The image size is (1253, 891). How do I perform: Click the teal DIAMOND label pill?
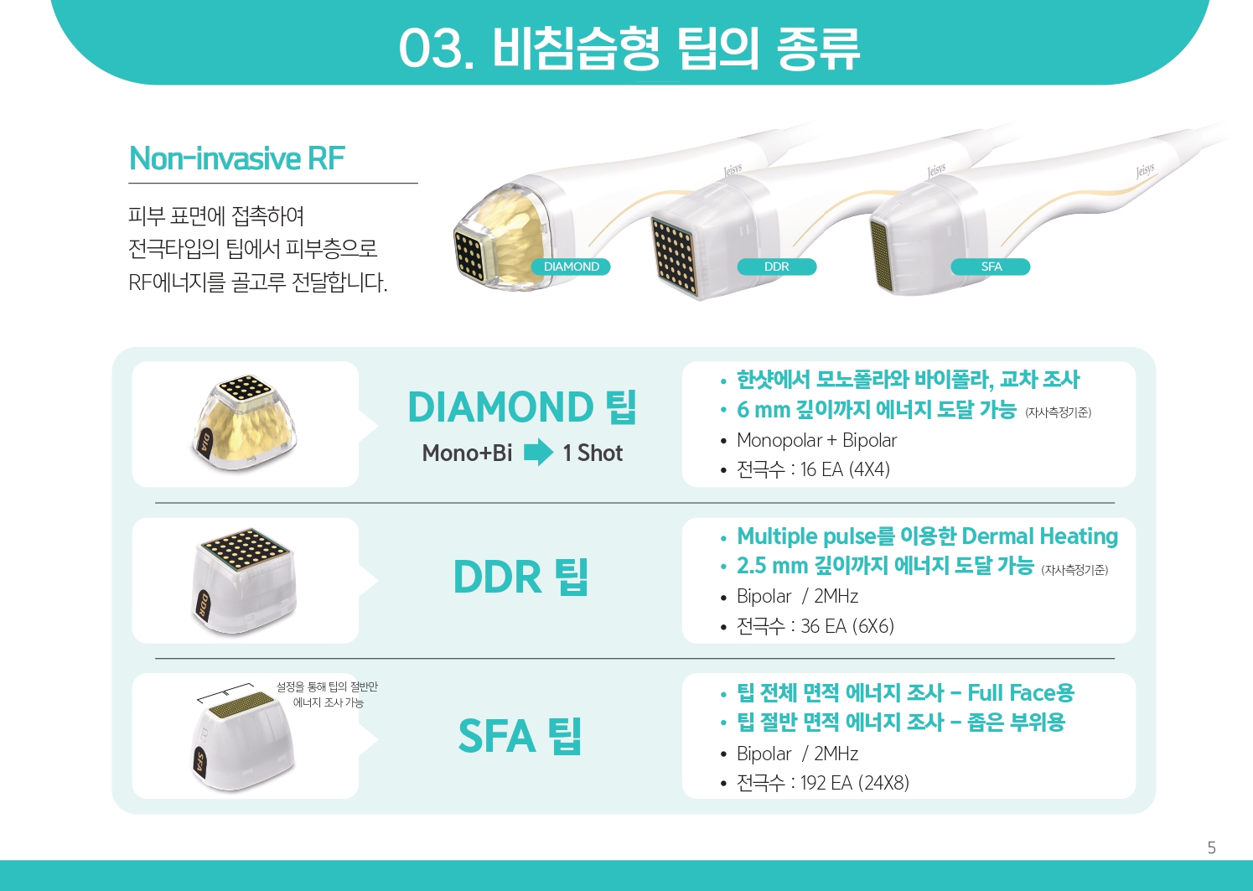[x=571, y=267]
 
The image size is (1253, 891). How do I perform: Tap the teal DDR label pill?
[x=776, y=267]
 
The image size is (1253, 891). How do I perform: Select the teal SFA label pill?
[x=991, y=267]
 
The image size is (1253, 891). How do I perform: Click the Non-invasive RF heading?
[x=236, y=158]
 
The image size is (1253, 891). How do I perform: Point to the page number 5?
[x=1212, y=848]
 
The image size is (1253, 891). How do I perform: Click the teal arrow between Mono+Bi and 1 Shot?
[x=538, y=452]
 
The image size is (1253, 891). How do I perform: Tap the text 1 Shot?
[x=593, y=453]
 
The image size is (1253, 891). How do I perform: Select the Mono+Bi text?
[x=467, y=453]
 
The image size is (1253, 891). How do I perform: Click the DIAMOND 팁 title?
[x=522, y=407]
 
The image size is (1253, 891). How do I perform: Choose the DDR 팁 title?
[x=520, y=577]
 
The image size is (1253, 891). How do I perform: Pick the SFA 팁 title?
[x=520, y=735]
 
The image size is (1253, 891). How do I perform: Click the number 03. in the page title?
[x=437, y=49]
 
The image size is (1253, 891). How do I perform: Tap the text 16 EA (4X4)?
[x=845, y=469]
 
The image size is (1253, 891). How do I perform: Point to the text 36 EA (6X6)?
[x=847, y=626]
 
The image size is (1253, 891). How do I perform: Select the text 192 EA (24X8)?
[x=855, y=783]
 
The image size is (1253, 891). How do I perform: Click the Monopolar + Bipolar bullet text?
[x=816, y=440]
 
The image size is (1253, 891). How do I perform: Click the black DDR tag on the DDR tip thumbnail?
[x=204, y=606]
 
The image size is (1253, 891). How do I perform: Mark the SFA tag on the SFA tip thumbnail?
[x=200, y=762]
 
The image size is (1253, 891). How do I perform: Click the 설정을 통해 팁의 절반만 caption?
[x=327, y=686]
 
